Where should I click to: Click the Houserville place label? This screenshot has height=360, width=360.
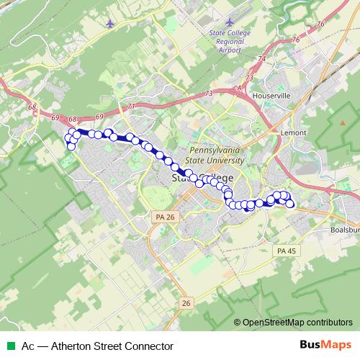click(x=271, y=95)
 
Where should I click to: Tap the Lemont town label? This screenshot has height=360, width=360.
click(x=294, y=133)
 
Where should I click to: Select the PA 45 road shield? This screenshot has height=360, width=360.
click(x=285, y=251)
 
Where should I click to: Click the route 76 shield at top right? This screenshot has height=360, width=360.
click(x=320, y=24)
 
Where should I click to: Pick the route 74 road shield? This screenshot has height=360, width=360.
click(x=262, y=59)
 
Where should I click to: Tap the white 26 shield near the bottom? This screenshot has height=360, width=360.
click(x=186, y=302)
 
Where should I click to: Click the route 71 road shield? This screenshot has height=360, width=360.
click(x=130, y=107)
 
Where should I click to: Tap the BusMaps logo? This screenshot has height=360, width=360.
click(x=325, y=345)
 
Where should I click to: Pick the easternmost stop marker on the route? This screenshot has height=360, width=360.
click(x=290, y=204)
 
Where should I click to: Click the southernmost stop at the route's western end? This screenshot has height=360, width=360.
click(x=71, y=147)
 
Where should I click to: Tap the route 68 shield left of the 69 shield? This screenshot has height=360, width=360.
click(x=32, y=107)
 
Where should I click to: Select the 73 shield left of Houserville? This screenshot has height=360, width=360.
click(x=250, y=78)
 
